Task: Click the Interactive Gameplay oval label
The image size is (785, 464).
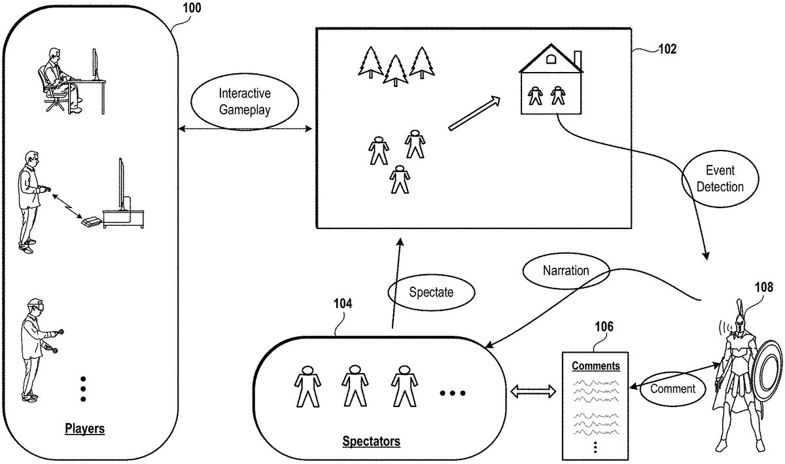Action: pyautogui.click(x=244, y=103)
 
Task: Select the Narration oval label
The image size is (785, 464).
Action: pyautogui.click(x=566, y=270)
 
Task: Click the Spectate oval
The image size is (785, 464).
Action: pyautogui.click(x=430, y=293)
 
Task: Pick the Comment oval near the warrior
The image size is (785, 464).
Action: pyautogui.click(x=672, y=389)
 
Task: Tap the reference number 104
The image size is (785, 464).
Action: pyautogui.click(x=342, y=303)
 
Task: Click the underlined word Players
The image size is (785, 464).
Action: pyautogui.click(x=84, y=429)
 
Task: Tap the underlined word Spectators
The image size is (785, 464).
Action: pyautogui.click(x=371, y=441)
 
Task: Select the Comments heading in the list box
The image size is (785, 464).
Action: pyautogui.click(x=596, y=366)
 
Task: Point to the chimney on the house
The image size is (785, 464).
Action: pyautogui.click(x=577, y=59)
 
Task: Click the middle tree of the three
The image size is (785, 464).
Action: pyautogui.click(x=396, y=70)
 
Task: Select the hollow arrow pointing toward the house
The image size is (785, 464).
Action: pyautogui.click(x=474, y=113)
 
